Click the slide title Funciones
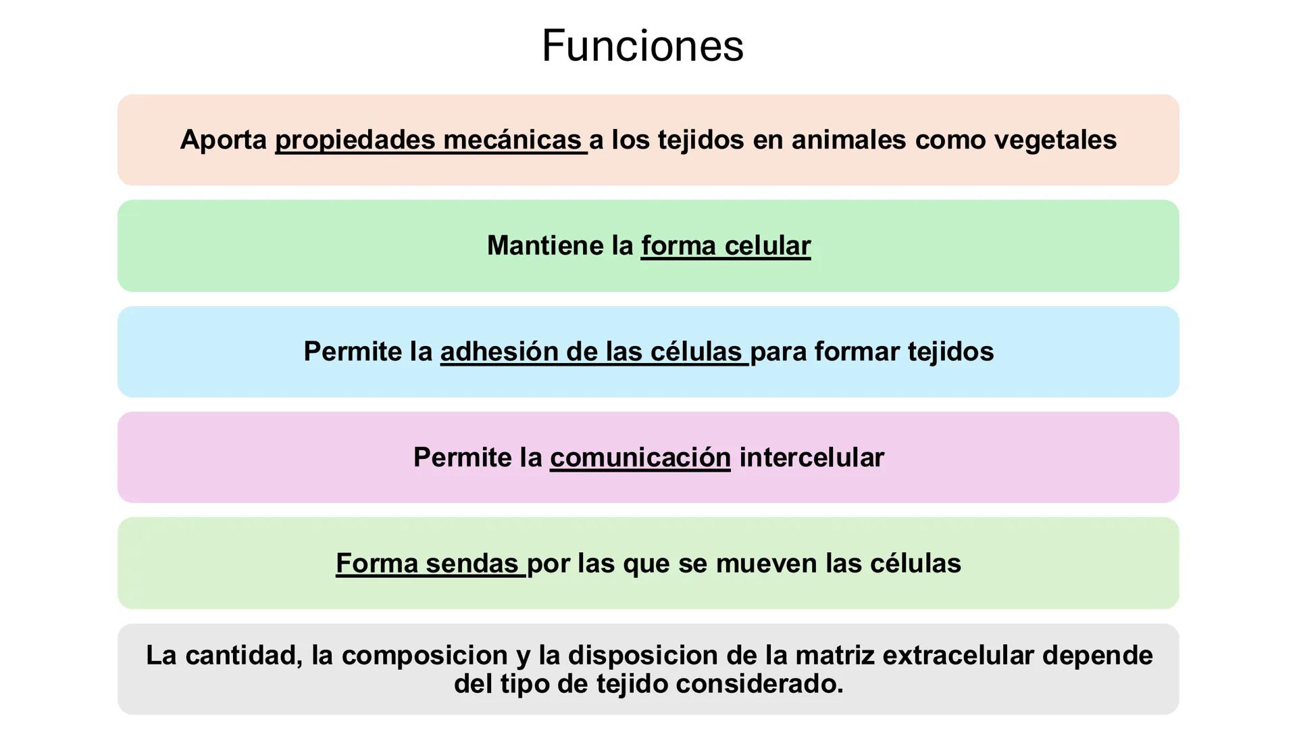point(642,46)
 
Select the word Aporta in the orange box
point(224,140)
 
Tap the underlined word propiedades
point(355,140)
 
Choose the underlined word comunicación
point(640,458)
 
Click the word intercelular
point(811,458)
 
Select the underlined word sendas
point(472,563)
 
